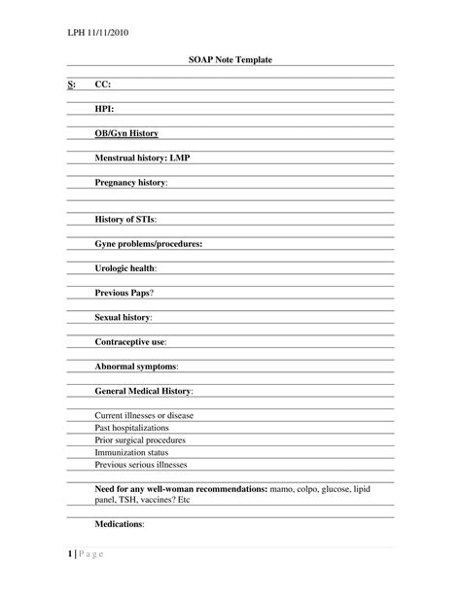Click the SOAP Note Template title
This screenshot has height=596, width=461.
(230, 60)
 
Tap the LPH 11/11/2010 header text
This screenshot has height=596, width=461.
(98, 33)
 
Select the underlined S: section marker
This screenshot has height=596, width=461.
(71, 85)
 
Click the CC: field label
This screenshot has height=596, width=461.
(103, 85)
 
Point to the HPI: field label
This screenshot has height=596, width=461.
(105, 109)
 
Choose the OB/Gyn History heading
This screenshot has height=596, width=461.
(126, 133)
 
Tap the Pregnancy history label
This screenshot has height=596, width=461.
(131, 182)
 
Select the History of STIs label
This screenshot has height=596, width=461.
(125, 220)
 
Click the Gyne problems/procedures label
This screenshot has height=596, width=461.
(148, 244)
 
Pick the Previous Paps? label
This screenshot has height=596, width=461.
(124, 293)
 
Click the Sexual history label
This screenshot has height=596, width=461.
(124, 317)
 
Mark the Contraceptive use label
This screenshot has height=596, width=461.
(130, 342)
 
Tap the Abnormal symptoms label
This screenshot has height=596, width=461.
(136, 367)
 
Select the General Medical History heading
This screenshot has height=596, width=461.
(144, 391)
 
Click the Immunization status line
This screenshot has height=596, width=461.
(131, 452)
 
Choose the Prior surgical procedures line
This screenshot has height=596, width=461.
(140, 440)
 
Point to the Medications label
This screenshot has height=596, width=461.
(120, 524)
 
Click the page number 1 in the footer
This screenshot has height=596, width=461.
(71, 555)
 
